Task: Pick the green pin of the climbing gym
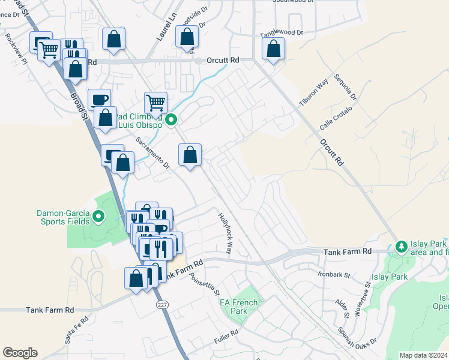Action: click(171, 120)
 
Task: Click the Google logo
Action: click(20, 353)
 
